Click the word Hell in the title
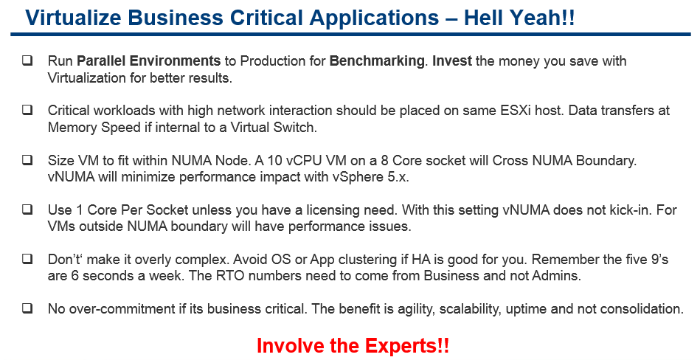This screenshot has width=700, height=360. [483, 18]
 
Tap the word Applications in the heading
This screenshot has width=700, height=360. [374, 18]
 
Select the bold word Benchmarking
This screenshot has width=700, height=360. [376, 61]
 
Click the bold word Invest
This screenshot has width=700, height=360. [451, 60]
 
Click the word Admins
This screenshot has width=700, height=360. [556, 276]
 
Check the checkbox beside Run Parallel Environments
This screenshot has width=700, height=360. [27, 60]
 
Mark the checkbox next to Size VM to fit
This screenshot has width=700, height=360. [27, 159]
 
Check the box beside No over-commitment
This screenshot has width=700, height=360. [27, 308]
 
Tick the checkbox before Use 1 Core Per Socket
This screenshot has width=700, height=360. [27, 209]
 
